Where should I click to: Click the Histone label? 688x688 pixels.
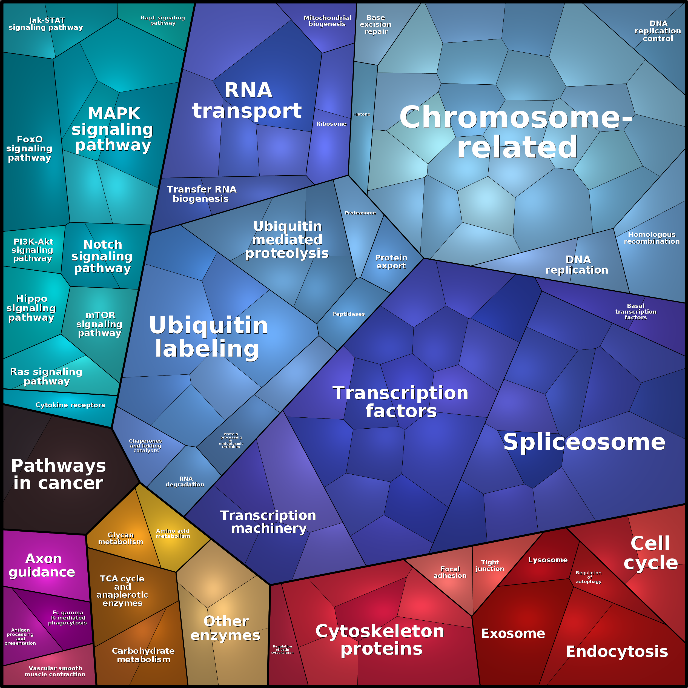362,114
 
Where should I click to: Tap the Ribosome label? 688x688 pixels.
331,124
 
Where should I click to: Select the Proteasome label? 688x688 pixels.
360,213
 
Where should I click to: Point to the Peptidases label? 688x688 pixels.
348,314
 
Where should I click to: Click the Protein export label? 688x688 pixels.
391,262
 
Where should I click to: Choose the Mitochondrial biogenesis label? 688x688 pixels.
327,21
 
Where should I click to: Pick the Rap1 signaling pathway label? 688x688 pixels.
163,20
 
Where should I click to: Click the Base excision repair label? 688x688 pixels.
376,25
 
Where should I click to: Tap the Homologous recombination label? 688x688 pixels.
651,238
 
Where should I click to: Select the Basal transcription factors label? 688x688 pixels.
636,312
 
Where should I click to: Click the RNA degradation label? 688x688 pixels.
185,481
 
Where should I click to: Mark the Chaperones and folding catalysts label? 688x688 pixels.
146,446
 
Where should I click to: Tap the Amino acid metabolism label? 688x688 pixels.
173,534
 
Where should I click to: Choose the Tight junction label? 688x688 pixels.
490,566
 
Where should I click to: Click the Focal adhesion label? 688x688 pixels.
450,572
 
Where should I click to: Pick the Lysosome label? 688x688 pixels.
548,560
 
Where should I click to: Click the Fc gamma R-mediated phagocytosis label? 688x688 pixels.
68,618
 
